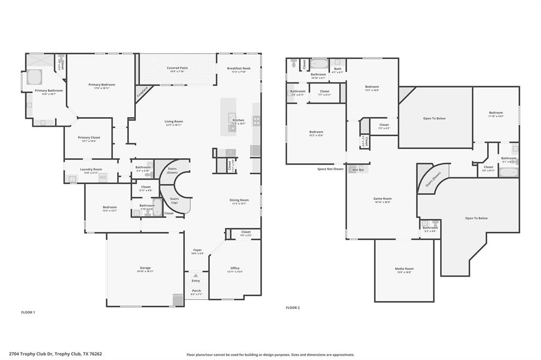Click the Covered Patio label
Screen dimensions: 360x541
click(x=177, y=68)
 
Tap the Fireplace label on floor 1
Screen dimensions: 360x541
click(x=142, y=93)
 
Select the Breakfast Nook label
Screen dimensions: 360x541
click(x=239, y=68)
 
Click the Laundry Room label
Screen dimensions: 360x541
click(x=91, y=169)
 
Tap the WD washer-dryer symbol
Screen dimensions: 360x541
click(x=103, y=177)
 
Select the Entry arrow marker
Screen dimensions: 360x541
click(x=196, y=275)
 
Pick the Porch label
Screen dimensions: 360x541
click(x=196, y=291)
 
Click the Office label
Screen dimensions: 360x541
click(x=235, y=268)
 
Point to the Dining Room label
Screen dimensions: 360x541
click(x=239, y=200)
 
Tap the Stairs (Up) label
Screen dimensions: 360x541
click(x=174, y=201)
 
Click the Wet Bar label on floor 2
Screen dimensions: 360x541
click(x=358, y=169)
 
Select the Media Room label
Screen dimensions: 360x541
click(x=404, y=269)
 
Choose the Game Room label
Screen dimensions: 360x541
click(x=383, y=198)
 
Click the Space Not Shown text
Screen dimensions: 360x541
click(x=330, y=169)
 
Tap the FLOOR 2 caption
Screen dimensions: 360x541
click(x=293, y=307)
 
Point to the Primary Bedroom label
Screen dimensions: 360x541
click(x=101, y=84)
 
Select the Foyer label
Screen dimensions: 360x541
click(x=197, y=250)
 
